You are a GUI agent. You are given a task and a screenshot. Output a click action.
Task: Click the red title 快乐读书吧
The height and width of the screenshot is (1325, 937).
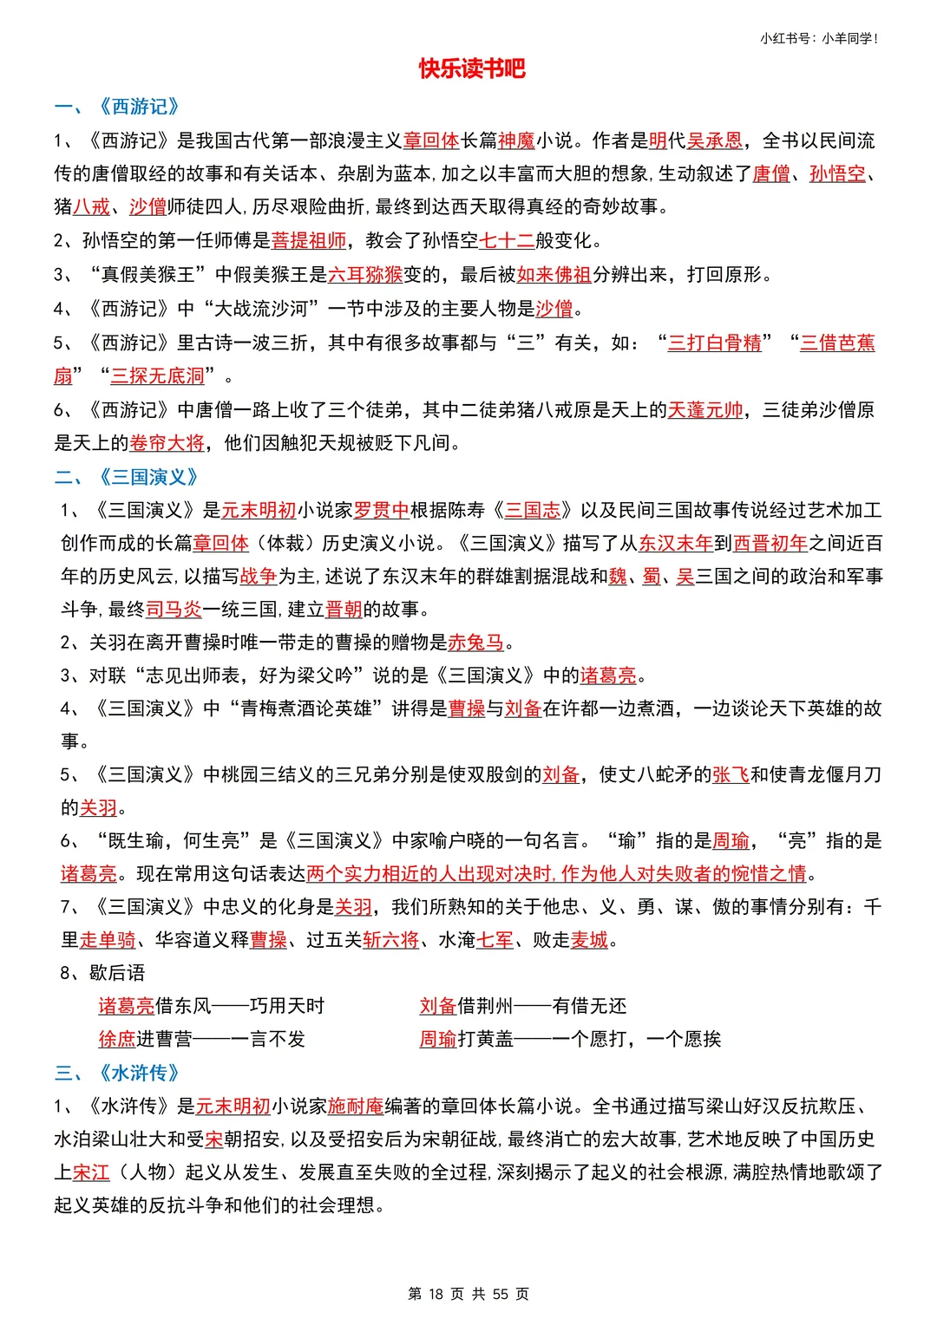click(472, 69)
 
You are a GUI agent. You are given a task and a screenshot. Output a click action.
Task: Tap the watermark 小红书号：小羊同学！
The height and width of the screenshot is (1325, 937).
click(819, 38)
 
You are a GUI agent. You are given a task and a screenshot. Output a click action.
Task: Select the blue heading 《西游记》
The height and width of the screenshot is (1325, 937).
click(139, 107)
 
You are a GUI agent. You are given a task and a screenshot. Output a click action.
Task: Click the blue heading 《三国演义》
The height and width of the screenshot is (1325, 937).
click(148, 477)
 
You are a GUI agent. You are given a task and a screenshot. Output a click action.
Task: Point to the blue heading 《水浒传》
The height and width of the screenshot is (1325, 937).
click(139, 1073)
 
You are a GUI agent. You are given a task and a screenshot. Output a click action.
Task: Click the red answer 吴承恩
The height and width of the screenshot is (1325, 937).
click(715, 140)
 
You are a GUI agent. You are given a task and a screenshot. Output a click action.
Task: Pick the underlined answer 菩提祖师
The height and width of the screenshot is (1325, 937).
click(309, 240)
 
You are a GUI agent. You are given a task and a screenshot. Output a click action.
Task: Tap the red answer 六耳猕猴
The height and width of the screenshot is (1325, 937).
click(365, 275)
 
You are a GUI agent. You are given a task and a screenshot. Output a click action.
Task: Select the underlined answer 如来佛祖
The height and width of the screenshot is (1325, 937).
click(554, 275)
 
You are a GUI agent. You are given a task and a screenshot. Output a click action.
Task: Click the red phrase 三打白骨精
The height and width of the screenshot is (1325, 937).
click(714, 343)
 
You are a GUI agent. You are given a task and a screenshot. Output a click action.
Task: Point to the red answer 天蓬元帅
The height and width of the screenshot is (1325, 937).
click(704, 409)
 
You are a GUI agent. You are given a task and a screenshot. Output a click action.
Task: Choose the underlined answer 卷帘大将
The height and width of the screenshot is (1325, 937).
click(167, 443)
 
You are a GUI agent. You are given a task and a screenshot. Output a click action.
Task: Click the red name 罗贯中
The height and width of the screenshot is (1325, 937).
click(381, 510)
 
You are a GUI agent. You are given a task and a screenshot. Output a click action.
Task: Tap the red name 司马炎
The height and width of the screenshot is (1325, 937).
click(174, 610)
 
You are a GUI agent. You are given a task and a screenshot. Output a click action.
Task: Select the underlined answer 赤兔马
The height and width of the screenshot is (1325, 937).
click(475, 643)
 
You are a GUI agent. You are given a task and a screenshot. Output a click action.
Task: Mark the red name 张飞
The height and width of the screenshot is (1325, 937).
click(731, 774)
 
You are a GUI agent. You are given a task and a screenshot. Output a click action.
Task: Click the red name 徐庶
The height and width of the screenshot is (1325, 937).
click(117, 1039)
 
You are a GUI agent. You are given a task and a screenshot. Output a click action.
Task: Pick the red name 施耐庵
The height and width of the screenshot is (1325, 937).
click(356, 1106)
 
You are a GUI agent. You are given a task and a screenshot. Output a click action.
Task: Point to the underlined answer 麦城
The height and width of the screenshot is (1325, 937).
click(589, 940)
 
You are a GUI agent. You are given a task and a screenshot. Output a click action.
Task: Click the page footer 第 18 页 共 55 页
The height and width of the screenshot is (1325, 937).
click(468, 1294)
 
